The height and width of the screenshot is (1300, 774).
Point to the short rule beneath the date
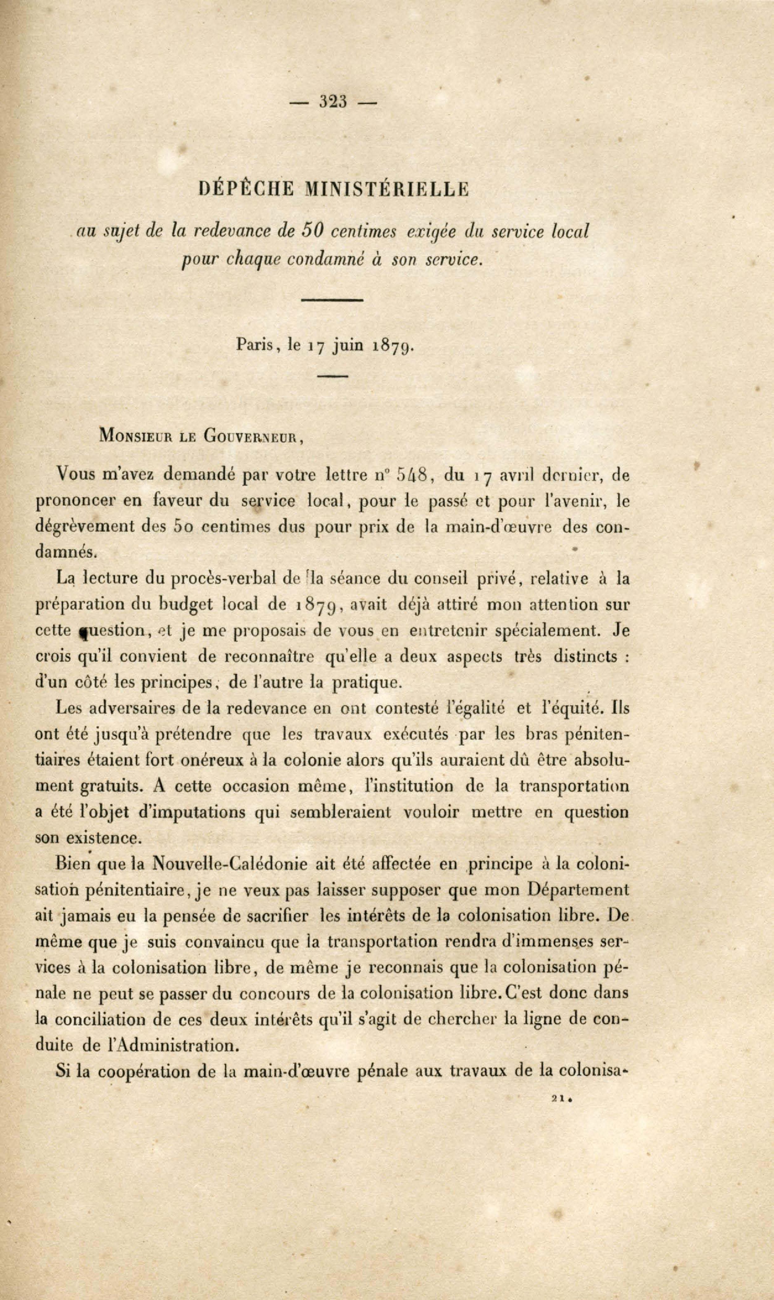[332, 376]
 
